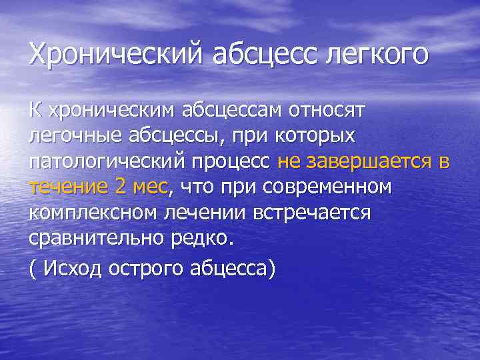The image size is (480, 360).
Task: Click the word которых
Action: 319,135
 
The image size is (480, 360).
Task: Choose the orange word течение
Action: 67,187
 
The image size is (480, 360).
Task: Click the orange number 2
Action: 121,187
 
